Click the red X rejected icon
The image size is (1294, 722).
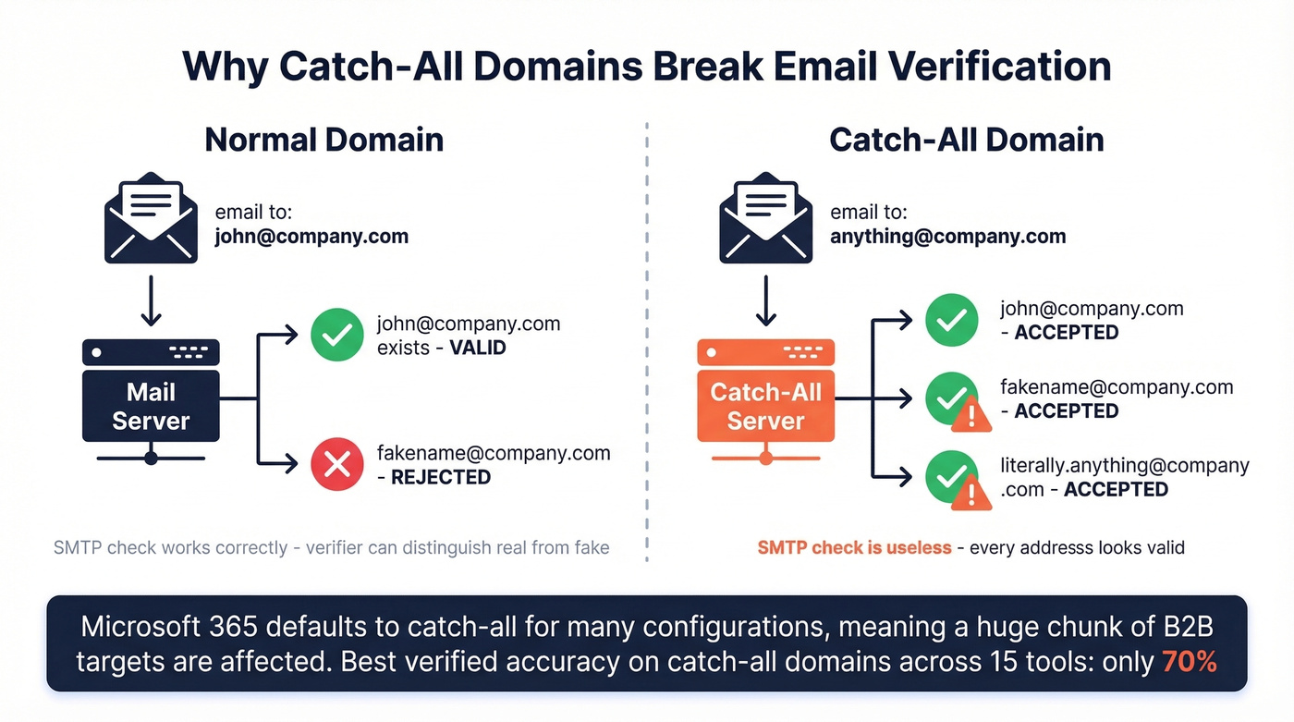[x=336, y=464]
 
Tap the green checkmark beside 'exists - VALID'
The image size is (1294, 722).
[x=336, y=335]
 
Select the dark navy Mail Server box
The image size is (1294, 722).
[x=151, y=407]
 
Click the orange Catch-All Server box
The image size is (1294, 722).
[x=765, y=407]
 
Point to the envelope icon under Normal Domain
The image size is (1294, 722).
[x=151, y=218]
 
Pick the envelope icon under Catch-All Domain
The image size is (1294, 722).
[x=765, y=218]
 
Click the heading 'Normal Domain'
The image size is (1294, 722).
[x=323, y=140]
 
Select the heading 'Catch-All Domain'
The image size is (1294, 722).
[x=966, y=140]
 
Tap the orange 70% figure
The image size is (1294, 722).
[x=1190, y=661]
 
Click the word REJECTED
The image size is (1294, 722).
[x=441, y=477]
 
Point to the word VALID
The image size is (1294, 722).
[x=478, y=348]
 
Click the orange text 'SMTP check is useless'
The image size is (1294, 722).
[x=854, y=547]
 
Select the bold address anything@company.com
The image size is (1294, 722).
[x=947, y=237]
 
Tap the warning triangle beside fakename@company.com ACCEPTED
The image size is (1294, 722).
[x=970, y=417]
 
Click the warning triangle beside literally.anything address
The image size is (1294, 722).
[x=970, y=496]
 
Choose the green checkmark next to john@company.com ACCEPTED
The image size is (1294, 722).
[x=951, y=320]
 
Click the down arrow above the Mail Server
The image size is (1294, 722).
[x=151, y=303]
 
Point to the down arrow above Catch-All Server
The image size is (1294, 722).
[x=765, y=303]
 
